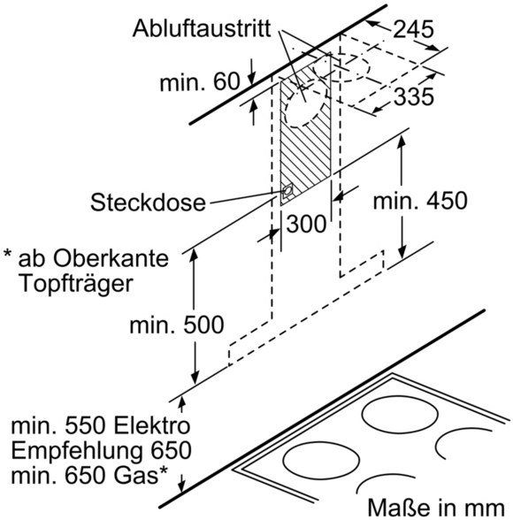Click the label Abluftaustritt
click(202, 28)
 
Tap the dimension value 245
click(413, 29)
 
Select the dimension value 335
click(414, 97)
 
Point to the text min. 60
click(200, 82)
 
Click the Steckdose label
click(148, 203)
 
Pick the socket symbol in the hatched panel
click(287, 192)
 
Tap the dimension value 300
click(306, 224)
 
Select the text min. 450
click(420, 201)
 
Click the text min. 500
click(176, 325)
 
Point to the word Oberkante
click(111, 258)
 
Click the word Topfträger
click(76, 285)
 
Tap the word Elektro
click(152, 426)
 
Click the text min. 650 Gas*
click(89, 475)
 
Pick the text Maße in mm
click(436, 508)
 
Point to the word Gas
click(136, 476)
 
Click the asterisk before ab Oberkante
click(8, 255)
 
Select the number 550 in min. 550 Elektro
click(85, 426)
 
